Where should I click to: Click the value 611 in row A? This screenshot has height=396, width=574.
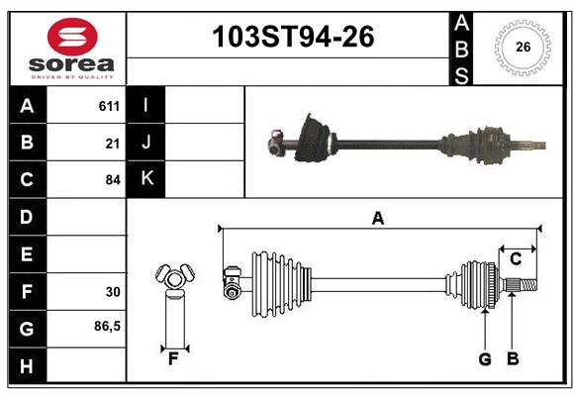point(109,106)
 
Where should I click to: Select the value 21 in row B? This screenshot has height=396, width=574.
point(113,144)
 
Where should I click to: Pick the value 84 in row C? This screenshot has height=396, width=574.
point(113,180)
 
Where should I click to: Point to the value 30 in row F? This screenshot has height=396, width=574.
point(113,292)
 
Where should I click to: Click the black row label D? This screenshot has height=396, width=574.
point(27,216)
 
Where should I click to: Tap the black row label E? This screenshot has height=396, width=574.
point(27,253)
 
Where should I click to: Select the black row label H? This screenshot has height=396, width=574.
point(27,366)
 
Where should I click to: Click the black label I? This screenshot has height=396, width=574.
point(146,105)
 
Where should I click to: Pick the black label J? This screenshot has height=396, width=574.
point(146,142)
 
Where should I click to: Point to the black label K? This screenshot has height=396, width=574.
point(146,178)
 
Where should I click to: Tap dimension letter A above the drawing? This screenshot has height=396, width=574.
point(377,218)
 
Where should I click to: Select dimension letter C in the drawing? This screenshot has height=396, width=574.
point(516,259)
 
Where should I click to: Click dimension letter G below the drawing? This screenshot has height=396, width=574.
point(485,358)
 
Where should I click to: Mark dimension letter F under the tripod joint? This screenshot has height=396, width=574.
point(173,359)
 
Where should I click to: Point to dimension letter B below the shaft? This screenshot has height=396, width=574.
point(513,358)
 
